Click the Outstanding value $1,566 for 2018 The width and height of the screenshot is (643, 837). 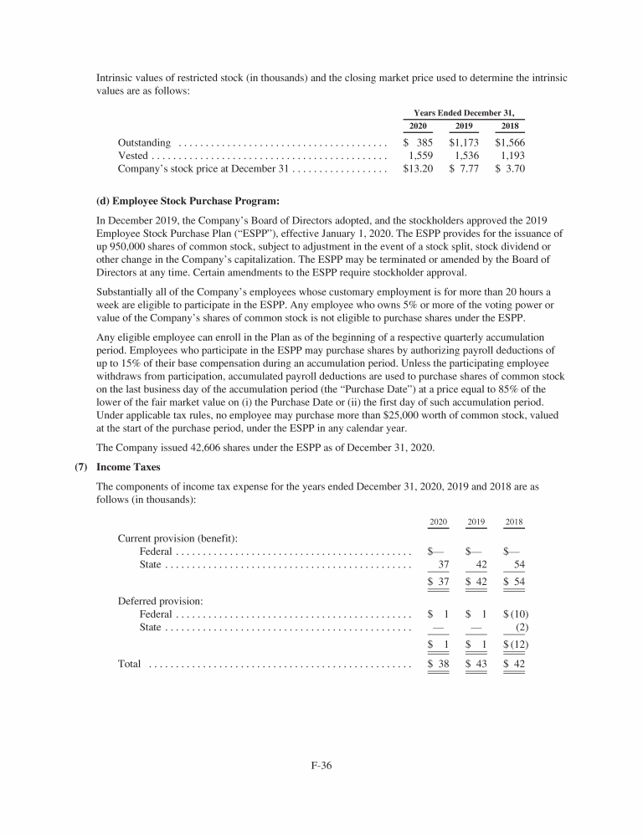510,143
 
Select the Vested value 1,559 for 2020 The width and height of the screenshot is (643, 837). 419,156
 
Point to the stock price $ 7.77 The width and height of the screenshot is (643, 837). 463,169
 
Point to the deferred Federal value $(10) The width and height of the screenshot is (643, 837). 515,614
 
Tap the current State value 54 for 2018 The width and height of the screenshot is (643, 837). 518,565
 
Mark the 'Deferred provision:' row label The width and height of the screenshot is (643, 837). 156,600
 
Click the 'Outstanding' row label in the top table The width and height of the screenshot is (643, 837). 145,143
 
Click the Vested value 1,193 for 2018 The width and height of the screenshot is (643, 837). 512,156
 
